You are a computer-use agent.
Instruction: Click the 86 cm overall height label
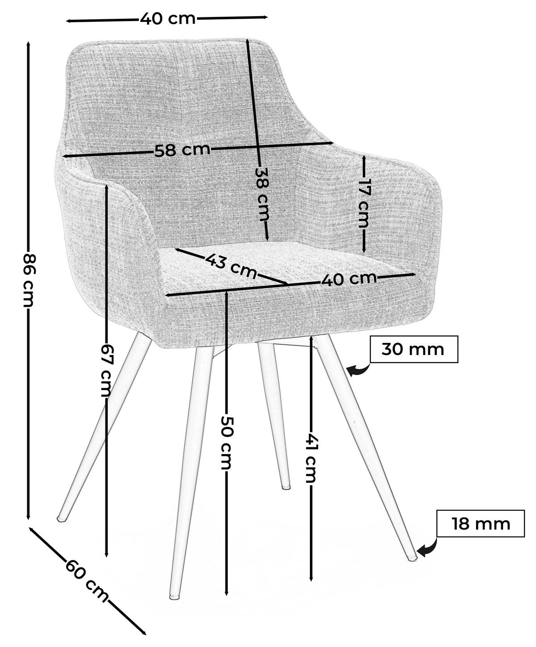[28, 280]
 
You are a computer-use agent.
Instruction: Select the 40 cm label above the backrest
[167, 18]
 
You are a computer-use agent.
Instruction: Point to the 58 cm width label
[182, 150]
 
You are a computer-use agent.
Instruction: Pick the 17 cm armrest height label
[364, 203]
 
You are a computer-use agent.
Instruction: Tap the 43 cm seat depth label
[231, 265]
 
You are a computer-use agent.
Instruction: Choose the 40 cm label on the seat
[349, 279]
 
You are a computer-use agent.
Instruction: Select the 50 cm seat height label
[226, 442]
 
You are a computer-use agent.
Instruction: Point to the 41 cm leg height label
[310, 458]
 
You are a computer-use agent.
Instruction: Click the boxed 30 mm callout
[414, 349]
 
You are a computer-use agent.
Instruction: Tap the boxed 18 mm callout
[480, 523]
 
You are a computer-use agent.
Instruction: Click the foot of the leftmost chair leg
[61, 518]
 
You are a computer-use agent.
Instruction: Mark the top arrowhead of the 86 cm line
[28, 44]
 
